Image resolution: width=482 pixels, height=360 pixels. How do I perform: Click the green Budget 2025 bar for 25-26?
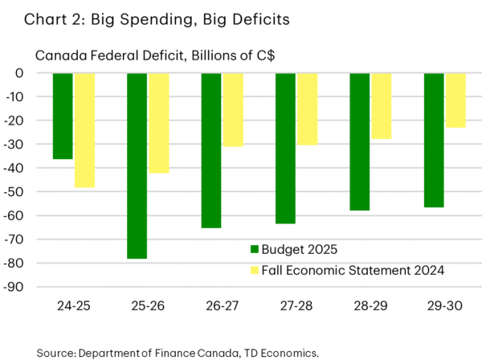(x=137, y=166)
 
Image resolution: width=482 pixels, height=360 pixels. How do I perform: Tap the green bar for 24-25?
(x=63, y=116)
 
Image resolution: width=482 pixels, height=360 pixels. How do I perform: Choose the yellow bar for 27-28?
(x=307, y=108)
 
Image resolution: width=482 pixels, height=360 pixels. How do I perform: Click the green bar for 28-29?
(x=359, y=141)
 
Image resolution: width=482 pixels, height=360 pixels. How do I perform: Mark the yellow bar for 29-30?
(x=455, y=100)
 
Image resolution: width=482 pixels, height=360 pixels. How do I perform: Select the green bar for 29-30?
(x=433, y=140)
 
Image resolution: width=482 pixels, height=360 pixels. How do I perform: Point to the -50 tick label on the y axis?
(x=34, y=192)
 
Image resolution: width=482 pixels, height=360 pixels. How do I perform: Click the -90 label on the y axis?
(x=34, y=287)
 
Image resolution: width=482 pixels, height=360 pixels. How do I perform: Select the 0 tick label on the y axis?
(x=40, y=73)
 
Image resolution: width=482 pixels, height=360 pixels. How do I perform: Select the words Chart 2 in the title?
(x=40, y=18)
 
